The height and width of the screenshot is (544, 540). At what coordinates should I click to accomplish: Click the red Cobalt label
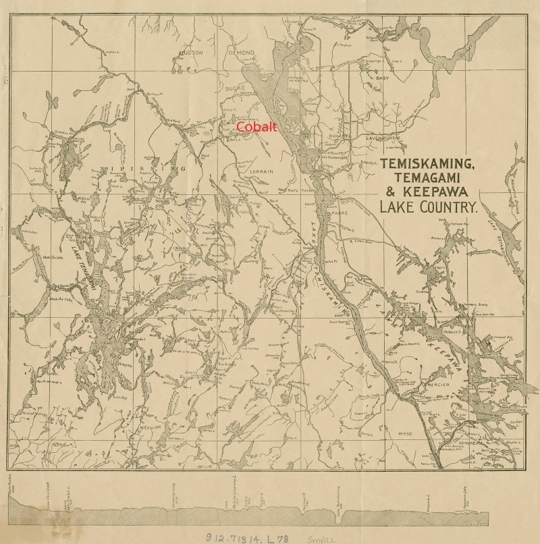pyautogui.click(x=256, y=127)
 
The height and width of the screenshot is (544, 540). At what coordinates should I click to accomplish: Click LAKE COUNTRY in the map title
pyautogui.click(x=429, y=207)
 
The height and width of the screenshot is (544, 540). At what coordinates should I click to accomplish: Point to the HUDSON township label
pyautogui.click(x=191, y=52)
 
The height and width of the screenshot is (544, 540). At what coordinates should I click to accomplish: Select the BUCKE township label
pyautogui.click(x=235, y=88)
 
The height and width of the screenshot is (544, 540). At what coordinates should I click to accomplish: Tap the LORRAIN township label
pyautogui.click(x=261, y=171)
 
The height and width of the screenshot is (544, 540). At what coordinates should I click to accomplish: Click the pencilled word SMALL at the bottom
pyautogui.click(x=323, y=539)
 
